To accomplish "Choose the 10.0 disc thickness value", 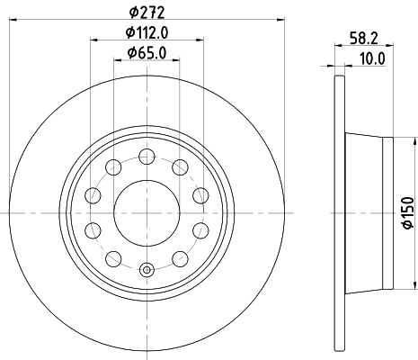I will pos(370,58).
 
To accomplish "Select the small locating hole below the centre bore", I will pos(147,267).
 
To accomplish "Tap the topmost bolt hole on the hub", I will pos(147,157).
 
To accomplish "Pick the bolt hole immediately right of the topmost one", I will pos(179,166).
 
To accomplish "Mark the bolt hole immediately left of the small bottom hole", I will pos(113,258).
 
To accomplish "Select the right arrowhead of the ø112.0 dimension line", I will pos(199,40).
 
